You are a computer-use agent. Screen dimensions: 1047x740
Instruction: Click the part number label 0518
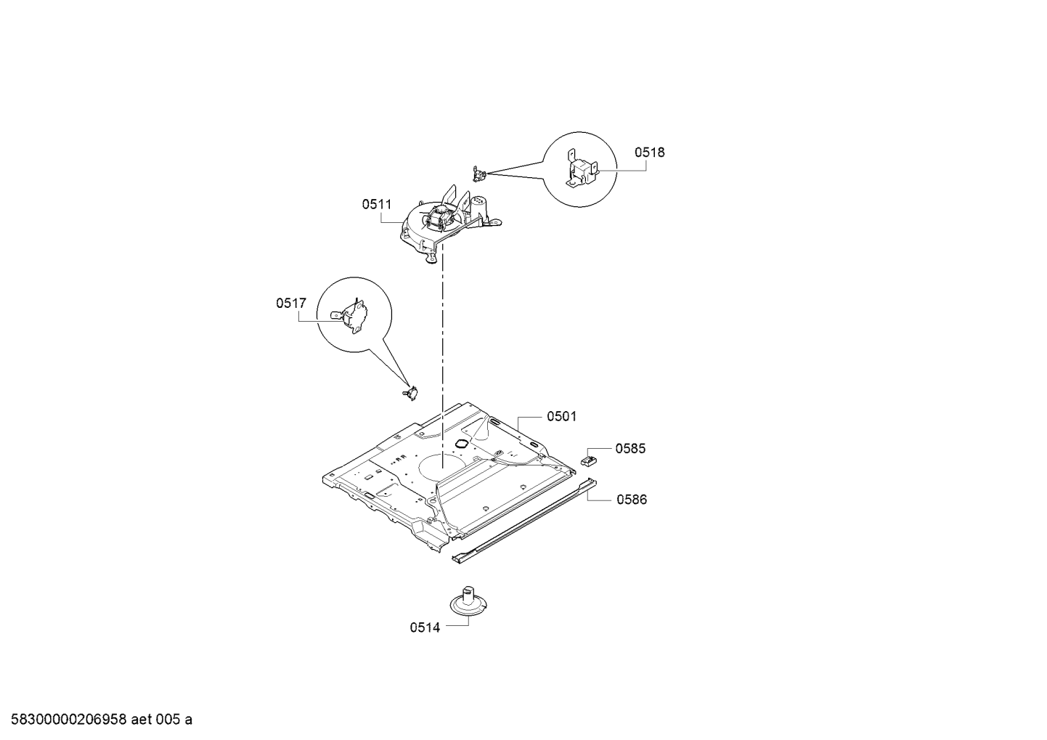point(649,153)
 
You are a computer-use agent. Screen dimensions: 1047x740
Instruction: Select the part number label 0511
point(377,204)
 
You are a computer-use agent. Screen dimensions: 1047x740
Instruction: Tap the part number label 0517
point(291,304)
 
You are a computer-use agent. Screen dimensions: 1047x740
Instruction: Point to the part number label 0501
point(562,417)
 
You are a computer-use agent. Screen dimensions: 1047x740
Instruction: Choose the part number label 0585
point(630,449)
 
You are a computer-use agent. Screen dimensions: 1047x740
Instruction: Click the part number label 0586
point(632,500)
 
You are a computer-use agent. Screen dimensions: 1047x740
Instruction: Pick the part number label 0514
point(425,627)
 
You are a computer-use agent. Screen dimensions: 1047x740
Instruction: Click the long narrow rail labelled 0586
point(524,521)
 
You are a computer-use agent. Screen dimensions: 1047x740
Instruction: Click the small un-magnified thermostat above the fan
point(479,174)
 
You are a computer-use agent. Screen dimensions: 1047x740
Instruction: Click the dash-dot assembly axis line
point(442,361)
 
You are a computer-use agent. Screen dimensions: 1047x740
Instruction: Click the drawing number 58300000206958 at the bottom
point(68,720)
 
